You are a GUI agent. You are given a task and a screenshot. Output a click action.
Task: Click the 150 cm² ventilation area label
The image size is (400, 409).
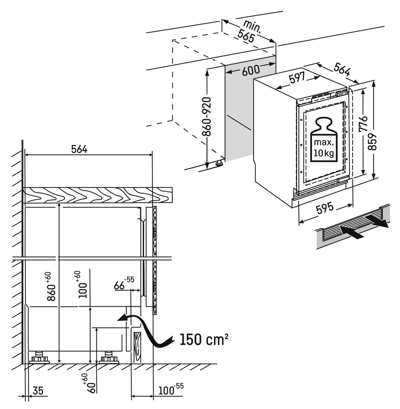204,340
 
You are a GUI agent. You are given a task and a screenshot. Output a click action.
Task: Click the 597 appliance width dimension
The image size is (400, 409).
297,79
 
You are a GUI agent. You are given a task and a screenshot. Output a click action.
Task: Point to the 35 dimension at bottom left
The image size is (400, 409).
39,391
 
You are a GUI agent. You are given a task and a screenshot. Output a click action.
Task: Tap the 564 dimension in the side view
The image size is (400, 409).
79,149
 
